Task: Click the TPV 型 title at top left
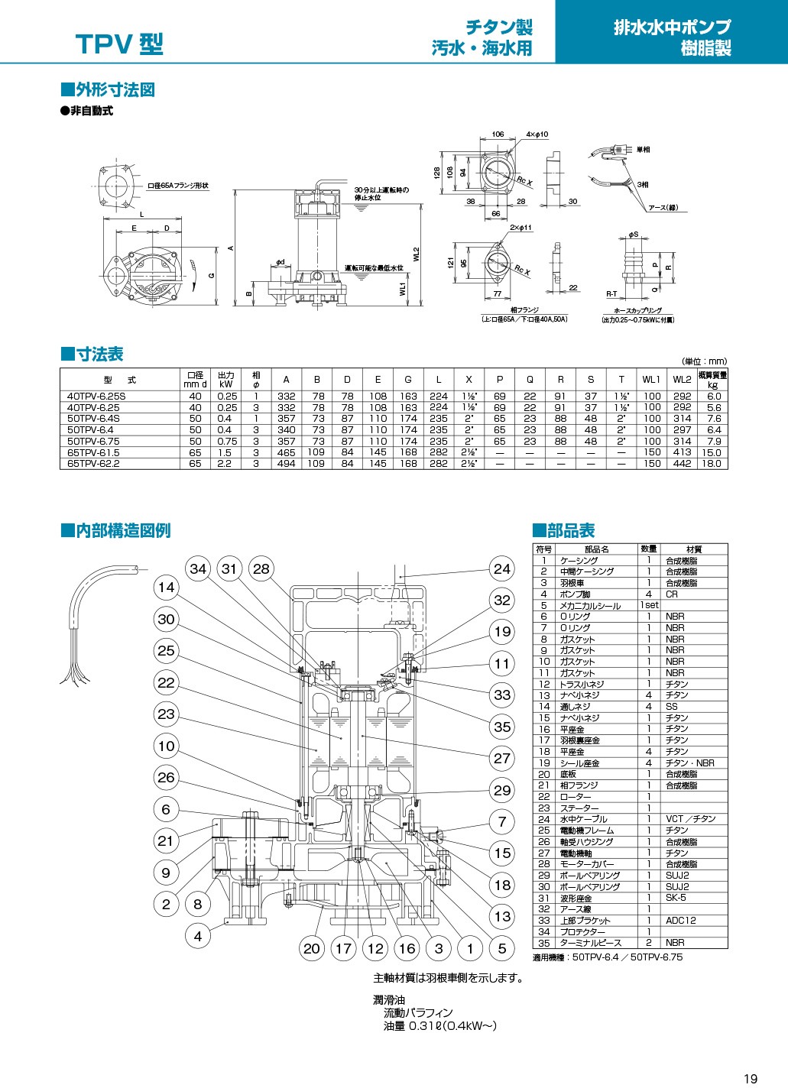[119, 45]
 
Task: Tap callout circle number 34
[198, 569]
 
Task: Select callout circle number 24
[502, 568]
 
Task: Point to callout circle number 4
[198, 936]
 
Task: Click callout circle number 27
[502, 759]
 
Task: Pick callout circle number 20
[312, 949]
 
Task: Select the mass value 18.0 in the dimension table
[713, 463]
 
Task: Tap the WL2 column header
[682, 379]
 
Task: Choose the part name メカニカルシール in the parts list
[591, 605]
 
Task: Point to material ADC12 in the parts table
[680, 921]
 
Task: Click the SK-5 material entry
[676, 898]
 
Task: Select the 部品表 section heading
[564, 530]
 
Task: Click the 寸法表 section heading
[92, 355]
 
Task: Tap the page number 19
[751, 1078]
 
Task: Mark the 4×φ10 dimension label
[537, 134]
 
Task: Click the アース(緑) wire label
[663, 208]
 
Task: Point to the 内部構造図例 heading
[116, 530]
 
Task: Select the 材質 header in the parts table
[694, 549]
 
